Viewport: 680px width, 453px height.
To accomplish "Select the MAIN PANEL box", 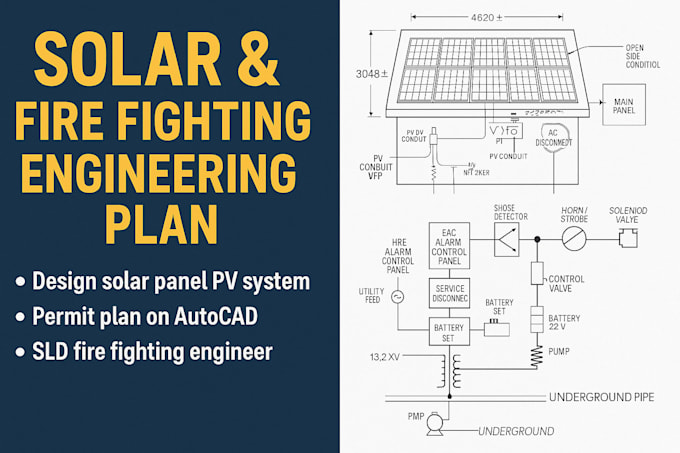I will click(624, 105).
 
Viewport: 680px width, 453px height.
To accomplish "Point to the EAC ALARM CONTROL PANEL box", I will click(448, 246).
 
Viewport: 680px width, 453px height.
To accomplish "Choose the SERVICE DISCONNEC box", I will click(448, 292).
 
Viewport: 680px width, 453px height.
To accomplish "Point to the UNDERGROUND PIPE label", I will click(601, 397).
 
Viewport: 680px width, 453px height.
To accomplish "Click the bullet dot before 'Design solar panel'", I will click(20, 281).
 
